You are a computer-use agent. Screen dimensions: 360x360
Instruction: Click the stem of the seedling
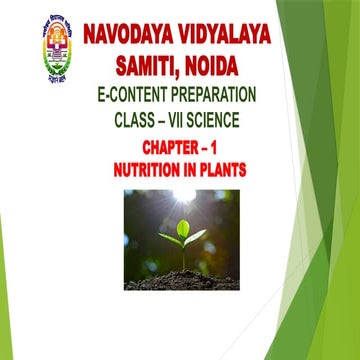click(183, 256)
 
